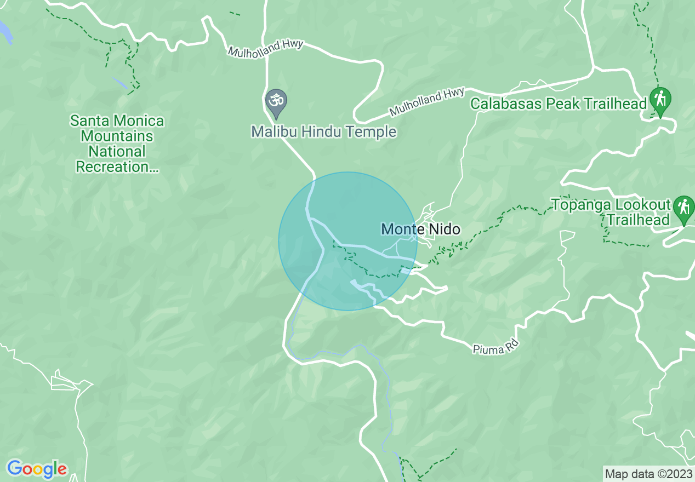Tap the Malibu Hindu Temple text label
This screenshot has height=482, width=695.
pos(323,132)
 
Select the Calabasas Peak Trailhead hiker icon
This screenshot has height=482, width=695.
pos(660,100)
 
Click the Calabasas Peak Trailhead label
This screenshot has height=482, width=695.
pos(559,104)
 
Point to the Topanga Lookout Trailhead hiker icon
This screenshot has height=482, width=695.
pos(683,209)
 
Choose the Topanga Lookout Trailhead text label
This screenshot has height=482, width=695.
pos(611,213)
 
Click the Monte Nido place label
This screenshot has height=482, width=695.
pos(420,229)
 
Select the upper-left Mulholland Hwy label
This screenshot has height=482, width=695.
pos(265,48)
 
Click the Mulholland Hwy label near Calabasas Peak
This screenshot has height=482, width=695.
pos(427,101)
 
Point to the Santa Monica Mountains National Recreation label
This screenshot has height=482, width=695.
pos(117,144)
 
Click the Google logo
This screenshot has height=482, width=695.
pos(37,469)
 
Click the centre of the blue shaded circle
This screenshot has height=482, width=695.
pos(347,241)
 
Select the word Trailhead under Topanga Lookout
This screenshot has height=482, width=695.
pos(638,220)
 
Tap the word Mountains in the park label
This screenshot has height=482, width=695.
pos(117,136)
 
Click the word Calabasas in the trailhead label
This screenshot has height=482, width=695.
pos(505,104)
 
